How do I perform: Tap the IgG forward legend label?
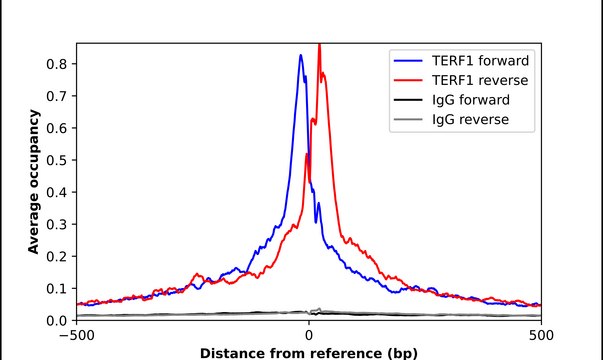[471, 100]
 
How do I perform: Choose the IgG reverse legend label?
[470, 120]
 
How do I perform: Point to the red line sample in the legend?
[408, 79]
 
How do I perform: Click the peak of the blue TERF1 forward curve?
[301, 56]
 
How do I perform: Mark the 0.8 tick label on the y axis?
[59, 64]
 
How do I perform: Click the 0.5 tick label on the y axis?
[59, 160]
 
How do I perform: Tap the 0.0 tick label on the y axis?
[59, 320]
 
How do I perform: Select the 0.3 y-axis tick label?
[59, 224]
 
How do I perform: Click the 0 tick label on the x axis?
[309, 335]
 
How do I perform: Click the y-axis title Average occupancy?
[34, 182]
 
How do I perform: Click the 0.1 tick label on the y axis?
[59, 288]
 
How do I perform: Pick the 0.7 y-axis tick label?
[59, 96]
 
